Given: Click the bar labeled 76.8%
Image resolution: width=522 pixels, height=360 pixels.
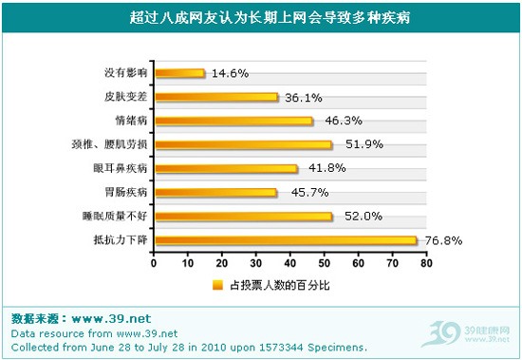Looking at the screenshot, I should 285,240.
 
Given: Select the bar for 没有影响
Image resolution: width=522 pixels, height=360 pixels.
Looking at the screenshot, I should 178,72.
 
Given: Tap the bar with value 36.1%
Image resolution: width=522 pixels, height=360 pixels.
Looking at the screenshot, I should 215,96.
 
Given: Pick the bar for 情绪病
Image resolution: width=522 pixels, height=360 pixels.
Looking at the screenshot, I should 233,121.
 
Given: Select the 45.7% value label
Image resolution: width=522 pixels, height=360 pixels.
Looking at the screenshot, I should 300,193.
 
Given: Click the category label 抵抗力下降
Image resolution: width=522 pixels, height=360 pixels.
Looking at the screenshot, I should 121,240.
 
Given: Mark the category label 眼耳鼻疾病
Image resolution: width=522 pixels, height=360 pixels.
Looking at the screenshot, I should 123,168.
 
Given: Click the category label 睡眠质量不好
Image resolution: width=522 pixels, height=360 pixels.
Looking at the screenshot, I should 117,217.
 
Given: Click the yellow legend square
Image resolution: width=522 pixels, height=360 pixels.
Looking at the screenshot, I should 217,283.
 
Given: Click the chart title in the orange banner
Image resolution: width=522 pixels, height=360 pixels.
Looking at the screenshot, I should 261,17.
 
